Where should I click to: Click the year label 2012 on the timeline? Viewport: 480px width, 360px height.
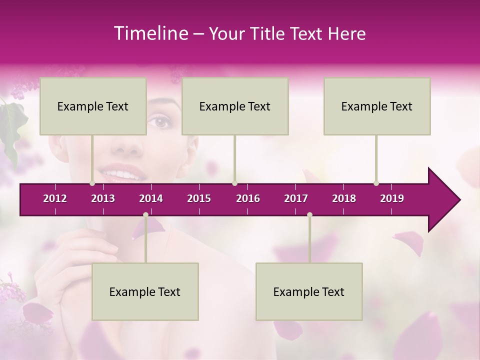55,198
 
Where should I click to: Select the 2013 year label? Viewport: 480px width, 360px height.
103,198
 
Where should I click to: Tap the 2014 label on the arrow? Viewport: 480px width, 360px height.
151,198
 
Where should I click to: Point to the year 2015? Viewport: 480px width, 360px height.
199,198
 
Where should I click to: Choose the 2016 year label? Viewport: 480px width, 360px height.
248,198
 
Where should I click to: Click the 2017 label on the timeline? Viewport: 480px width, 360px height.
296,198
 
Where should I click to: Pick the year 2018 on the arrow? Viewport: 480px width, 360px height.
344,198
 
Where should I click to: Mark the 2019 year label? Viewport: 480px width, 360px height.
392,198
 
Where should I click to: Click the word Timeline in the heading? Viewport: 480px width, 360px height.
150,33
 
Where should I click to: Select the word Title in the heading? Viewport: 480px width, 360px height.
268,34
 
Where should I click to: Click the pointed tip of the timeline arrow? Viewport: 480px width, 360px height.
459,200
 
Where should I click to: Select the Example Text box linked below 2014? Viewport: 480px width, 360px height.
145,291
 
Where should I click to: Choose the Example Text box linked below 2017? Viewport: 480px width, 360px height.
309,291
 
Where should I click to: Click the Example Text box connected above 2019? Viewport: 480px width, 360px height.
377,106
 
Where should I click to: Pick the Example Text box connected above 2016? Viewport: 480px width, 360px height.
235,106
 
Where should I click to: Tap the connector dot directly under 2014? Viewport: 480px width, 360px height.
145,215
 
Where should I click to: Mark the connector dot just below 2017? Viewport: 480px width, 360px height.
309,215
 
